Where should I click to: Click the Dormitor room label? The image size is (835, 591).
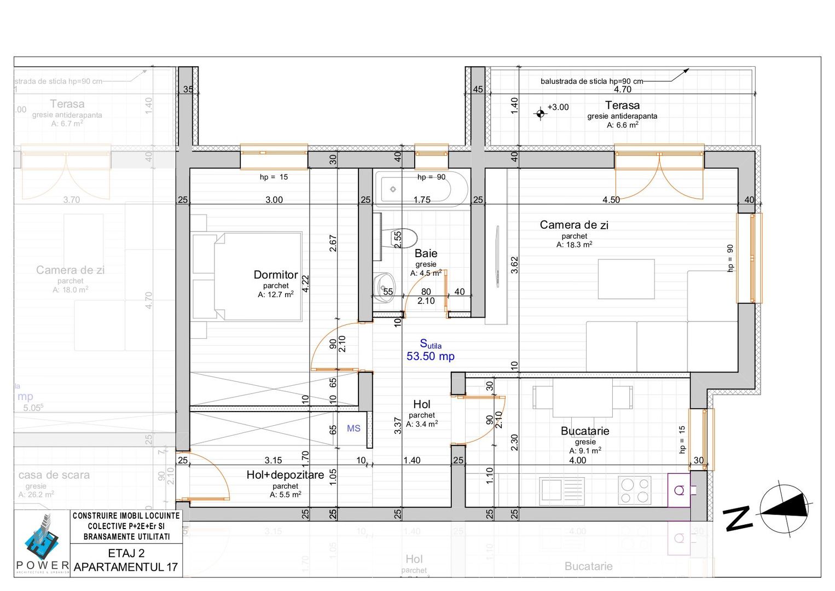[276, 275]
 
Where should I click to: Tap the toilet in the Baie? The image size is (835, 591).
[404, 238]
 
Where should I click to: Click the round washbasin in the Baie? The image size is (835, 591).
[384, 285]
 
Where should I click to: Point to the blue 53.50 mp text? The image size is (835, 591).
[430, 356]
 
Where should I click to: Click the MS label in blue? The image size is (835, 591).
[353, 428]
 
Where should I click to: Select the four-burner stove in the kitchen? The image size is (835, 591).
[634, 490]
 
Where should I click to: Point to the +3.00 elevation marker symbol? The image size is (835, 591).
[541, 113]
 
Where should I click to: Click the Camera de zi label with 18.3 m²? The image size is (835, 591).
[573, 225]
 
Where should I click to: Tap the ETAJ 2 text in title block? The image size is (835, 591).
[126, 553]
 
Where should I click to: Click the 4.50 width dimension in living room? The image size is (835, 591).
[611, 200]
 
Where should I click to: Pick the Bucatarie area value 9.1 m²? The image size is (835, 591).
[585, 451]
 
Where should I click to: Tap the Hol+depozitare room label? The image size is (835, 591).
[285, 475]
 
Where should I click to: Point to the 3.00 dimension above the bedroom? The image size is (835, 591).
[274, 200]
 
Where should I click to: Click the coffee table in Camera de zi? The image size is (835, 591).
[626, 279]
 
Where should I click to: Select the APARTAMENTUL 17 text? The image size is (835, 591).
[126, 567]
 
